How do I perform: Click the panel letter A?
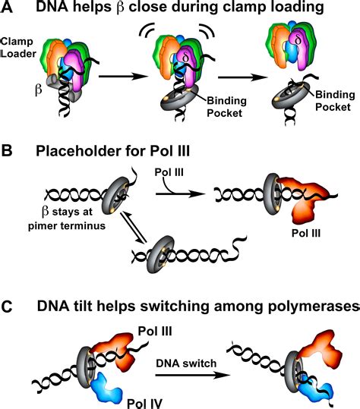click(9, 10)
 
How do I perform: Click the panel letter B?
click(9, 152)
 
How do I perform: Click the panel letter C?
click(9, 306)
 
